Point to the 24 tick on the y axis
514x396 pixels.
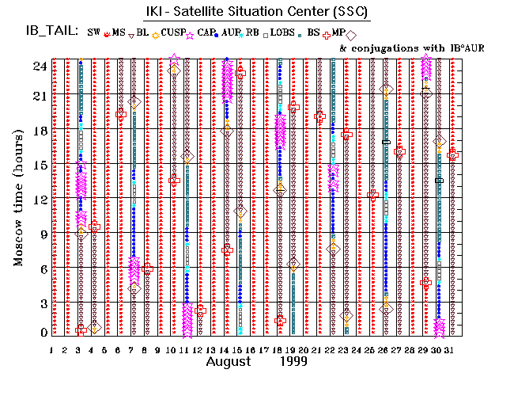(38, 67)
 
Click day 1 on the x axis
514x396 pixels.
(51, 349)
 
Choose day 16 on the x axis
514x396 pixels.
(251, 349)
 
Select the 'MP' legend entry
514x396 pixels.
(338, 32)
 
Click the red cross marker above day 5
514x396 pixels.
(94, 227)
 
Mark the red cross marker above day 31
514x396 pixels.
(452, 155)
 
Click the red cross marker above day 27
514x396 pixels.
(399, 151)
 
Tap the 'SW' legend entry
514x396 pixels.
(94, 32)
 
